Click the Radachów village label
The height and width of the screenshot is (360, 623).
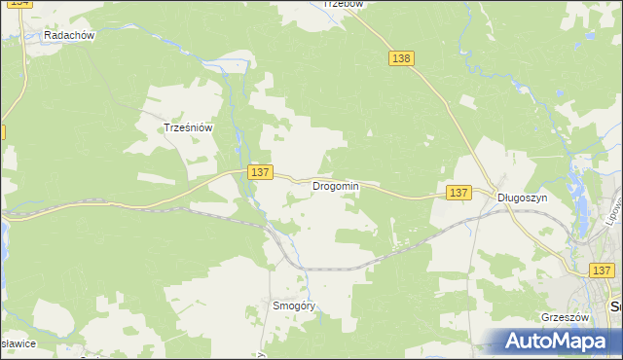coord(68,35)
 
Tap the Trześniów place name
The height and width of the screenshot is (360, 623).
coord(188,126)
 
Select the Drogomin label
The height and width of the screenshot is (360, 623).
coord(335,186)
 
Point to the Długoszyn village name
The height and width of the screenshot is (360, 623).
coord(523,197)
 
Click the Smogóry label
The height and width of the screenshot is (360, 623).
coord(295,305)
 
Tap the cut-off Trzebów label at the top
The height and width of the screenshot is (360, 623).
coord(343,4)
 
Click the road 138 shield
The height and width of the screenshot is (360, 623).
coord(401,58)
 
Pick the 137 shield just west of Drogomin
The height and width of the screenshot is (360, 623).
coord(258,171)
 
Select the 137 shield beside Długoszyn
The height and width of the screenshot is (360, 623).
coord(459,193)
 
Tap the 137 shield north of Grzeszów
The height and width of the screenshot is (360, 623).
coord(602,270)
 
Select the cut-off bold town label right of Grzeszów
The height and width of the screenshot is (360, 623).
coord(616,307)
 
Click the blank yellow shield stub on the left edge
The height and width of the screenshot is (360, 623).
coord(2,130)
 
